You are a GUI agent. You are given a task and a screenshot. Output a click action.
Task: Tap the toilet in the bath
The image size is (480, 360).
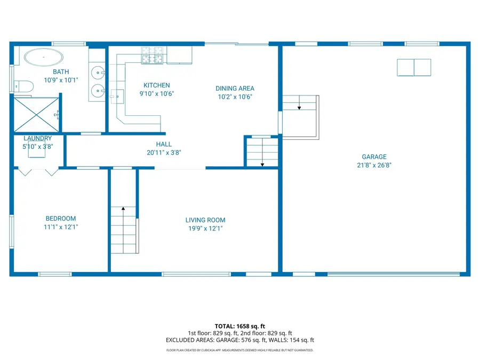[24, 85]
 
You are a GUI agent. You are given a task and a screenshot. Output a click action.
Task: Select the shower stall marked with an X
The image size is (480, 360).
[35, 114]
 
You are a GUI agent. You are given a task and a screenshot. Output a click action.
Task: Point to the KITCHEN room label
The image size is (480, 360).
[157, 85]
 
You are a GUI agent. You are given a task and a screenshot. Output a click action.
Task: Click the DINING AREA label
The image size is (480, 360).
[235, 89]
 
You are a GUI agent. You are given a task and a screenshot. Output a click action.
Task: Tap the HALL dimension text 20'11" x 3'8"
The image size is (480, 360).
[164, 153]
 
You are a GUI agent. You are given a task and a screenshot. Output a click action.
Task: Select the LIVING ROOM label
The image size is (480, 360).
[205, 220]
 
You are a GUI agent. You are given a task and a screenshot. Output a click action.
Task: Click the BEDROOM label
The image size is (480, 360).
[60, 218]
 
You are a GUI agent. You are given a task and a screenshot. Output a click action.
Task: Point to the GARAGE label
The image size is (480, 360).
[374, 157]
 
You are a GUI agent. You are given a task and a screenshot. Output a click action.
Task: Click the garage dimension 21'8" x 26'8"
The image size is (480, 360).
[374, 165]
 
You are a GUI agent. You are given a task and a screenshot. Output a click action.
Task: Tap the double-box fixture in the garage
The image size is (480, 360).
[414, 67]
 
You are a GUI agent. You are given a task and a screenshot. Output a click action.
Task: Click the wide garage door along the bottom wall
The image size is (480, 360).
[393, 274]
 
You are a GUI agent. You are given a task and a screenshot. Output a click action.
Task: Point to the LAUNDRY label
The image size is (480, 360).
[38, 139]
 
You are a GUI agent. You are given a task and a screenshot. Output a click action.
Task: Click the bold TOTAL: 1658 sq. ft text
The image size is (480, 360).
[239, 326]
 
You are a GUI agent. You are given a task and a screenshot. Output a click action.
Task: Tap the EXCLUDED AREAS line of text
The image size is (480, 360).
[239, 340]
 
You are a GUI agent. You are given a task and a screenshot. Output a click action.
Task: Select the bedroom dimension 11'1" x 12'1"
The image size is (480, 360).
[60, 227]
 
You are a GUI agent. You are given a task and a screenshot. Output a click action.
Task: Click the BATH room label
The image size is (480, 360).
[60, 71]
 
